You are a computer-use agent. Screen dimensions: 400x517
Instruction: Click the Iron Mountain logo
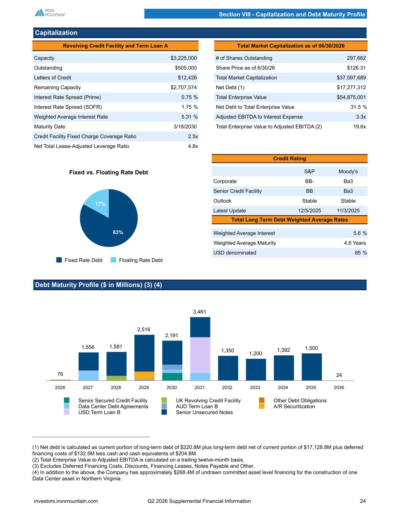50,12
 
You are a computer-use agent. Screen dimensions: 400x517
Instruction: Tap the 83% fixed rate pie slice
112,226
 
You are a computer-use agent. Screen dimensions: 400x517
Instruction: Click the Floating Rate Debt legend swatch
113,260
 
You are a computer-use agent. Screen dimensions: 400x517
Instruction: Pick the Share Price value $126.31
356,68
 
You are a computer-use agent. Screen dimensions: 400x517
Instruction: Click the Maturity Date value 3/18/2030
185,127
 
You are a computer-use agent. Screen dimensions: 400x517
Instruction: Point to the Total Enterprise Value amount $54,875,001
351,97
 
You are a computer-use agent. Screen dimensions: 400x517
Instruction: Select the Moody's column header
348,171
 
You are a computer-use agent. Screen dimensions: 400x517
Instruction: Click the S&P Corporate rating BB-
309,181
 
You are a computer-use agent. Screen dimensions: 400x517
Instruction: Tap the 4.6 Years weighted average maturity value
355,243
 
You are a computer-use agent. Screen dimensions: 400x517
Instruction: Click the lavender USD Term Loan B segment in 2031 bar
200,355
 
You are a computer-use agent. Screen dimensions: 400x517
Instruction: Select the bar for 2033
256,370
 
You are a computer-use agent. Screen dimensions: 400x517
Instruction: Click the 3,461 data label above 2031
199,312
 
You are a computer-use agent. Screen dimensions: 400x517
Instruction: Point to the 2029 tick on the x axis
144,387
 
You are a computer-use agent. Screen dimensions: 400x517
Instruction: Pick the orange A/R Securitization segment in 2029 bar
144,375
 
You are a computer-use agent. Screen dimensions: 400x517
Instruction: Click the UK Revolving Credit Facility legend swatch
164,400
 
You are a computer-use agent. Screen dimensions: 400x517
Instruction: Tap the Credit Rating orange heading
290,158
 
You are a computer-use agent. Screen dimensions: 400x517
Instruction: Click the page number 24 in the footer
363,501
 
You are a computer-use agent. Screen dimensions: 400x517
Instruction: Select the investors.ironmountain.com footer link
66,501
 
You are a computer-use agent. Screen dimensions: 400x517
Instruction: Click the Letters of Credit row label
53,78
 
